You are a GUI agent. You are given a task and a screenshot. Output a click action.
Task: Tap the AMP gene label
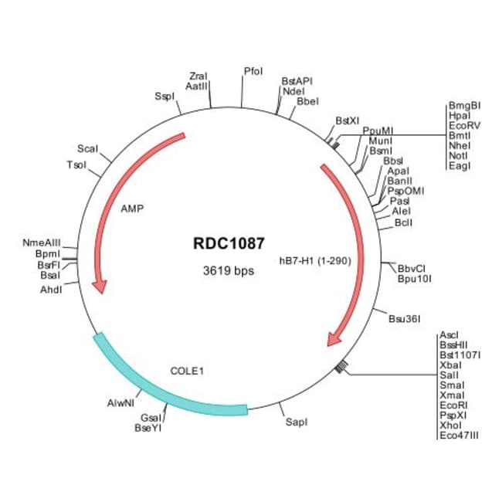tap(132, 209)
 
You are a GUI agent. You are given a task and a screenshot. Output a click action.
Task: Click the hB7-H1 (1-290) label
tap(316, 260)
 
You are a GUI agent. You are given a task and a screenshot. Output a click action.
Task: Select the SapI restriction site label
tap(297, 422)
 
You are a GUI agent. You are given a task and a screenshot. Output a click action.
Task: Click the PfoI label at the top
tap(253, 71)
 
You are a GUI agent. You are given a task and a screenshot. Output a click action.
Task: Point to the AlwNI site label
tap(120, 403)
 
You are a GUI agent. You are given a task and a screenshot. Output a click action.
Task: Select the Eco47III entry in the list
tap(459, 436)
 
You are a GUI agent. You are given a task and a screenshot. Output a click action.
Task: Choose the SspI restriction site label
tap(165, 97)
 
